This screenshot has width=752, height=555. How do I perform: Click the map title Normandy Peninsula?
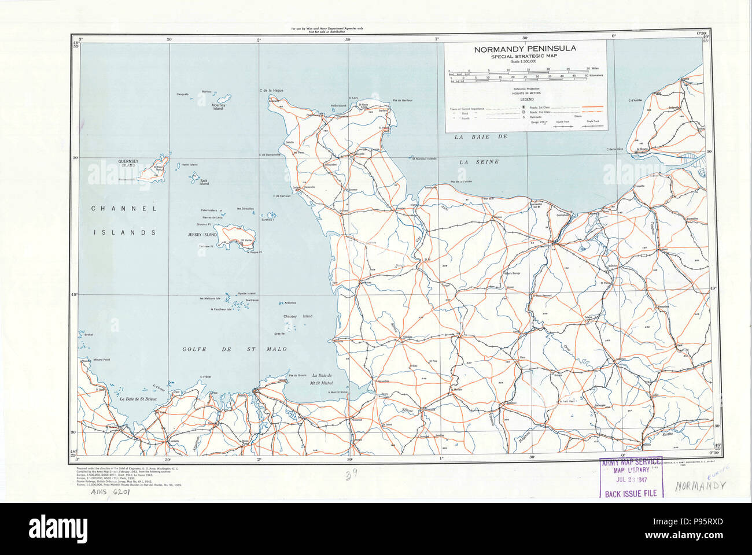pyautogui.click(x=525, y=49)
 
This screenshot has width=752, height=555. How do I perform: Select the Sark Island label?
pyautogui.click(x=204, y=182)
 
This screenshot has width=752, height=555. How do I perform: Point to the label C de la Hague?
pyautogui.click(x=271, y=91)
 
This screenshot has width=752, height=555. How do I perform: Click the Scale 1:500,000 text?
pyautogui.click(x=525, y=62)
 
